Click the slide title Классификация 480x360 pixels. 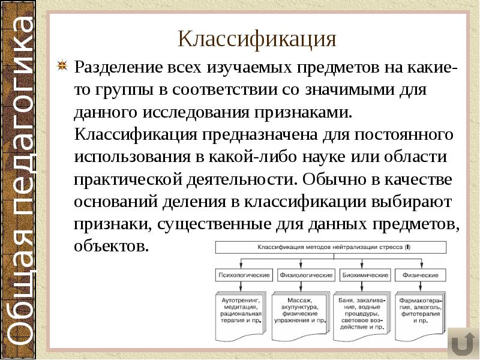257,40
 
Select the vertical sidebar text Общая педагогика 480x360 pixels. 23,180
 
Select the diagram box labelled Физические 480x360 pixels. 420,275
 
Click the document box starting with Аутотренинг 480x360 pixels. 240,311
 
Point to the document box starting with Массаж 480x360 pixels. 299,311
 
